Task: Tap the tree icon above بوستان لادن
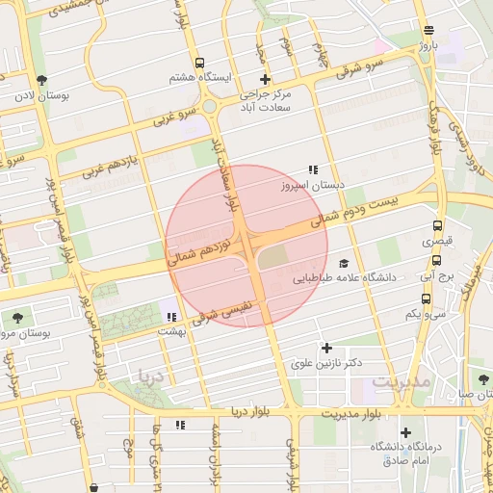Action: coord(40,80)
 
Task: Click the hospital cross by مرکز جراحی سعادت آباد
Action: coord(266,80)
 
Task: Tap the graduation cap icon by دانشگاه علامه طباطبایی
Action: coord(344,261)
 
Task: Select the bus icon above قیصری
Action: coord(438,227)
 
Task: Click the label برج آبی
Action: coord(436,275)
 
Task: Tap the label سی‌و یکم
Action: coord(425,313)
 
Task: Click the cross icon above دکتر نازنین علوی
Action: coord(326,347)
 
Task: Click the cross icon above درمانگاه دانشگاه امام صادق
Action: coord(405,433)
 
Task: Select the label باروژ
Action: coord(428,44)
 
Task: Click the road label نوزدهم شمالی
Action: coord(201,246)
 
